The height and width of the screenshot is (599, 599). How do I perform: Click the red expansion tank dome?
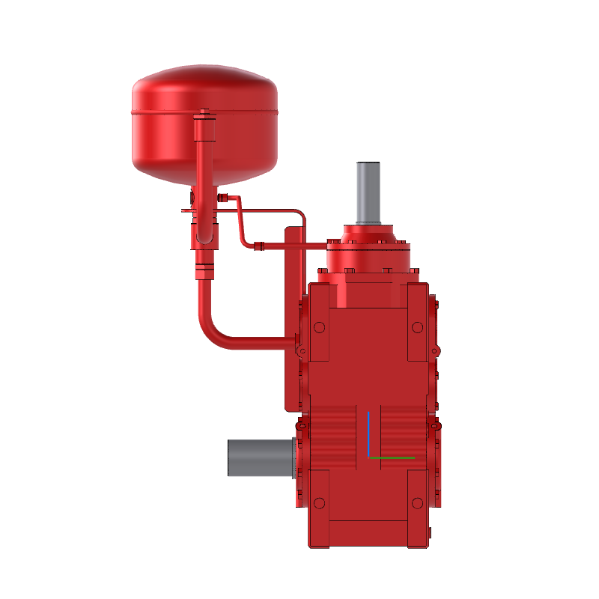coord(204,90)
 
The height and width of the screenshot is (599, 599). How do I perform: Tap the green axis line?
coord(392,457)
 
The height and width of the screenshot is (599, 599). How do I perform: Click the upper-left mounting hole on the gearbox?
coord(320,328)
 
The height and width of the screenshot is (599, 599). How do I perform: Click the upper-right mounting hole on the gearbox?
coord(416,328)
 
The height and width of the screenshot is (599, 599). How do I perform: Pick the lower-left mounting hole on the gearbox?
coord(320,502)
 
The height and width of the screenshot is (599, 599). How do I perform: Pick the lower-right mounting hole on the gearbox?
coord(416,502)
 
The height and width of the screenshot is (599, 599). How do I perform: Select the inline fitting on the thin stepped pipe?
coord(260,246)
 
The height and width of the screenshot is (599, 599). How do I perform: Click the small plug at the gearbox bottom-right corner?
coord(431,532)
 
